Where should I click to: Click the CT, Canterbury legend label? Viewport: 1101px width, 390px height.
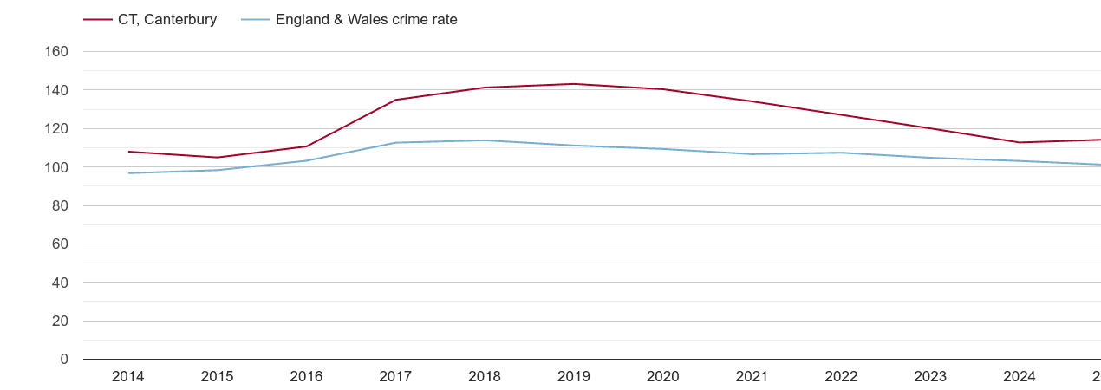[167, 19]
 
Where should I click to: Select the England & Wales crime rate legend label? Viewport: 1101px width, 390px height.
[366, 19]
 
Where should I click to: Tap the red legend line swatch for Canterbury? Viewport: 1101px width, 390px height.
[98, 19]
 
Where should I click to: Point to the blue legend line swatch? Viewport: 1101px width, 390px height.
[256, 19]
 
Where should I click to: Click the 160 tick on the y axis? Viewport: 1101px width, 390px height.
[56, 52]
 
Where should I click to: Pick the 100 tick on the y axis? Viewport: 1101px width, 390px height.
[56, 167]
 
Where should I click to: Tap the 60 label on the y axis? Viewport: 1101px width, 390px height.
[60, 244]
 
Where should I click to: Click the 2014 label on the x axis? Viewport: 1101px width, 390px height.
[128, 377]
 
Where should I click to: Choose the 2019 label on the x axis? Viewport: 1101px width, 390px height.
[574, 377]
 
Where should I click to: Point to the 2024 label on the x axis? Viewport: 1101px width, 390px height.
[1020, 377]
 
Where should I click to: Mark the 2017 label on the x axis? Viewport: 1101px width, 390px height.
[395, 377]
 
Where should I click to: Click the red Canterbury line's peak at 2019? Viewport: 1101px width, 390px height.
[574, 84]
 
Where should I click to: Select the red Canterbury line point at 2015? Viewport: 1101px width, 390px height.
[218, 158]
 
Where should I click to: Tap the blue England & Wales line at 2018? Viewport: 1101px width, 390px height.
[485, 140]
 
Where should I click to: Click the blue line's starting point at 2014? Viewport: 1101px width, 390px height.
[128, 173]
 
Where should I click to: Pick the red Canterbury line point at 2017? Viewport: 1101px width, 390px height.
[395, 100]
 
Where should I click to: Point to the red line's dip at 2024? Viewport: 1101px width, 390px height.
[1020, 142]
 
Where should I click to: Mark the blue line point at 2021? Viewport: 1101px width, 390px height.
[752, 154]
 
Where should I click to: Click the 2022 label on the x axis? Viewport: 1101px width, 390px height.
[841, 377]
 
